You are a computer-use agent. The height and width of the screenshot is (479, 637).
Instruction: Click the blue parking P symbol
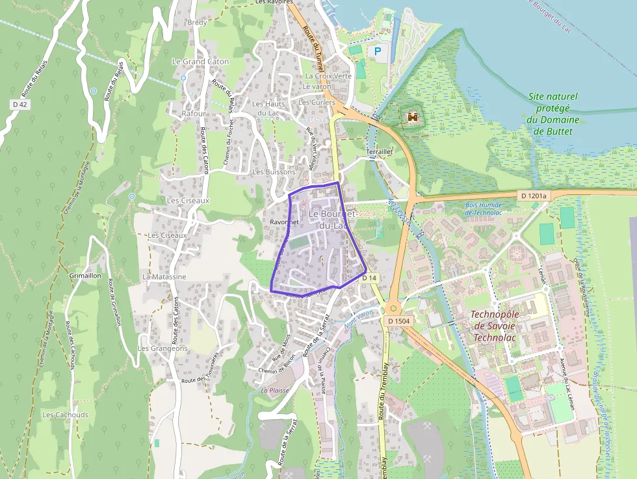tap(376, 51)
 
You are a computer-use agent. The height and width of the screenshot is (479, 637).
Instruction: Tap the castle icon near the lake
tap(412, 117)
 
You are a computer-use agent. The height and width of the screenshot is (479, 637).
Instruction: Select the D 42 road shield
tap(19, 104)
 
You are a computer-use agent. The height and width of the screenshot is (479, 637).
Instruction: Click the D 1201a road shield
tap(534, 196)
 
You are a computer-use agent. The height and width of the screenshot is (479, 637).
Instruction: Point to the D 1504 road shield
tap(398, 321)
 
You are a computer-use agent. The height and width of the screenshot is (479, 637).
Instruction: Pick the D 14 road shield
tap(369, 278)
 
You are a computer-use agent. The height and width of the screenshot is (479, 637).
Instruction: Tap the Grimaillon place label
tap(84, 276)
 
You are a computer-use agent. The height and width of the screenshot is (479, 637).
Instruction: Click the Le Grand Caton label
tap(200, 62)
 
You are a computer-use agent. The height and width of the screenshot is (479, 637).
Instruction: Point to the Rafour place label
tap(194, 114)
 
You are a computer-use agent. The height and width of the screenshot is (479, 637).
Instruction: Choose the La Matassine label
tap(164, 277)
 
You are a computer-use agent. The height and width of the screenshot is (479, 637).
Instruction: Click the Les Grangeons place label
tap(162, 348)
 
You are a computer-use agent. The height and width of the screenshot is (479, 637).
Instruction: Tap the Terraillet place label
tap(380, 151)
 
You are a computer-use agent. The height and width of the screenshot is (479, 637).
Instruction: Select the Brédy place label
tap(196, 23)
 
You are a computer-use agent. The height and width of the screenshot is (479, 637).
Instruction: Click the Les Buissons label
tap(274, 172)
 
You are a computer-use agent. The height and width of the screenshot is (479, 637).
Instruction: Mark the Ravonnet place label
tap(283, 222)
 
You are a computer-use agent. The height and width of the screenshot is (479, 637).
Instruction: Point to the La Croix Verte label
tap(328, 76)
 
